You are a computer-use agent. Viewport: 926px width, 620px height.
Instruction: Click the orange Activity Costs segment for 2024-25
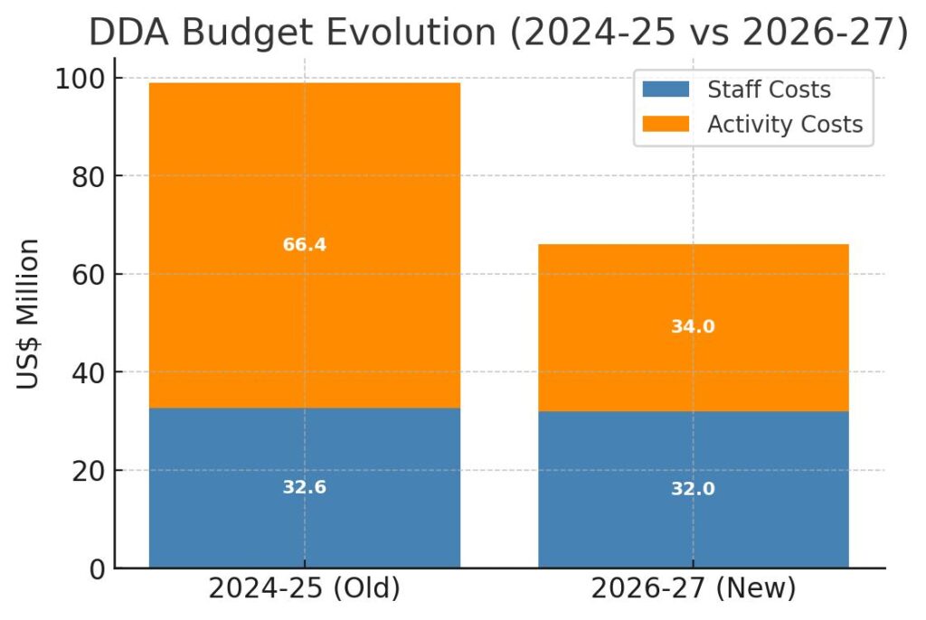[304, 181]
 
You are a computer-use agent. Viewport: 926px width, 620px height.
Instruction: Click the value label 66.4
[304, 245]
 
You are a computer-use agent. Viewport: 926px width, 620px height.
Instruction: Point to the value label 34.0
[693, 327]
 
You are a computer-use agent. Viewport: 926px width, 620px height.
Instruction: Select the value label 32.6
[304, 488]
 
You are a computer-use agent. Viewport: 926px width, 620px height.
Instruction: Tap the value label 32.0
[693, 489]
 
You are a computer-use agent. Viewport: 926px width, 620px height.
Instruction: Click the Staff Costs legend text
[769, 89]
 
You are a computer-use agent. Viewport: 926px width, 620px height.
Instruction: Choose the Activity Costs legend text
[785, 124]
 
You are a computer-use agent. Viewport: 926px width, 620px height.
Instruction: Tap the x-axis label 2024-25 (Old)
[304, 589]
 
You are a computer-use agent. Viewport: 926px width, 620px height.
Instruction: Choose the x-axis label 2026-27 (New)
[693, 589]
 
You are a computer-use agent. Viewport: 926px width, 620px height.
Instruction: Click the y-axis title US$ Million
[29, 314]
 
